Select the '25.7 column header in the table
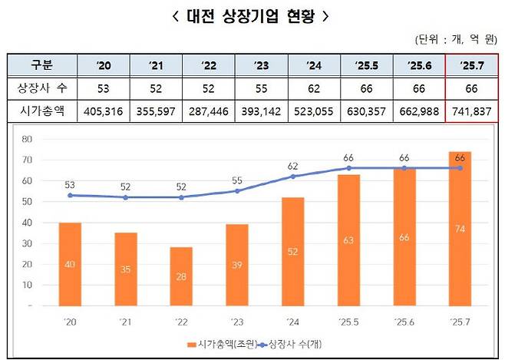(471, 64)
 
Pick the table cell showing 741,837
(471, 111)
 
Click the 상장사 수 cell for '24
(314, 88)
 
